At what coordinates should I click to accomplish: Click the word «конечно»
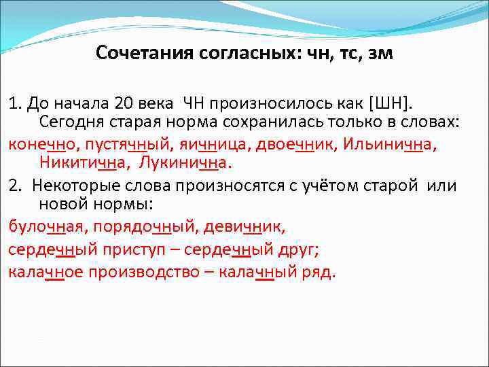pyautogui.click(x=39, y=145)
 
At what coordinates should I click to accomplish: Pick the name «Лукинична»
pyautogui.click(x=185, y=164)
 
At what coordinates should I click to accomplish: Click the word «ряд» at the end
pyautogui.click(x=319, y=273)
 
